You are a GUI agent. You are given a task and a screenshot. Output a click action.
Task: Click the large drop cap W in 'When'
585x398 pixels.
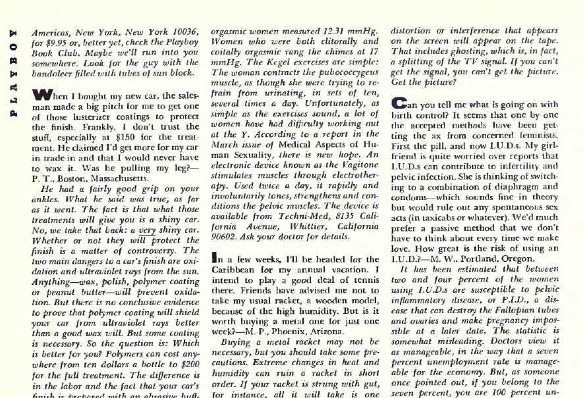(x=40, y=96)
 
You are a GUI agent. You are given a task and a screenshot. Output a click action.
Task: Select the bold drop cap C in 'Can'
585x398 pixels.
(x=399, y=103)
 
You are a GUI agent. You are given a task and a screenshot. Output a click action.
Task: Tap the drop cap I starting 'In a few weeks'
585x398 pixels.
(x=214, y=259)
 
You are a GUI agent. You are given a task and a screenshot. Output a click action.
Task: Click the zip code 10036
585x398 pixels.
(x=181, y=31)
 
